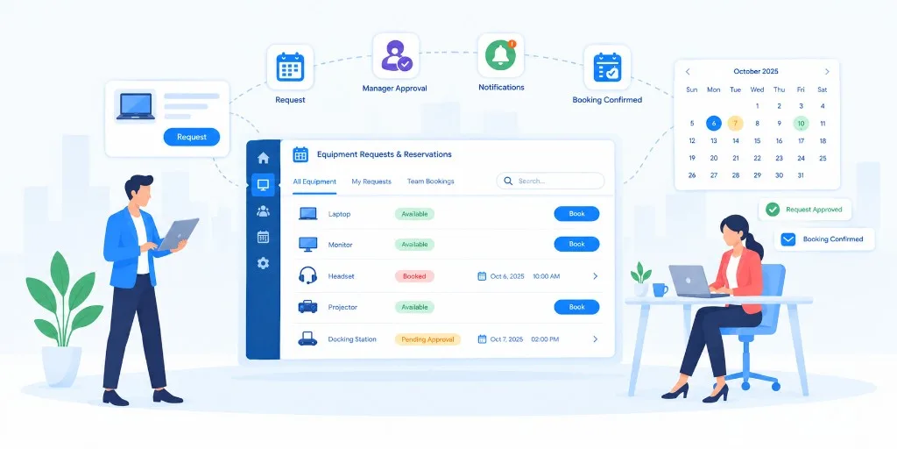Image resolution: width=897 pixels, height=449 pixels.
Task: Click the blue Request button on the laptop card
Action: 192,137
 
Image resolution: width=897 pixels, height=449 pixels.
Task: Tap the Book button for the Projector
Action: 576,307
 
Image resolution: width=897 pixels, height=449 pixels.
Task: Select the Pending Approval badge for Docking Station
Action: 427,339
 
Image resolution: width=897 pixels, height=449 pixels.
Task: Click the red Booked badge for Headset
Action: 414,276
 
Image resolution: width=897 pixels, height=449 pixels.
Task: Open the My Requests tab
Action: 371,182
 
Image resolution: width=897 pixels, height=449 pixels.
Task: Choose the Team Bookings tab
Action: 431,182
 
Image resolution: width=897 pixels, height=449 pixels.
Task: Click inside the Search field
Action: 550,181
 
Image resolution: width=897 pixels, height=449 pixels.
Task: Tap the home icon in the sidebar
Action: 263,158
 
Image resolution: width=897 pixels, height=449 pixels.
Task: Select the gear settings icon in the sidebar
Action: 263,263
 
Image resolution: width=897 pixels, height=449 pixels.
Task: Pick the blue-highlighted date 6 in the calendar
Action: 714,123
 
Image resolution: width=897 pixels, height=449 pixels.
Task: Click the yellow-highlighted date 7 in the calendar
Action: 736,123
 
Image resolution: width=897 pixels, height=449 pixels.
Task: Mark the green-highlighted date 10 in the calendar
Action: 801,123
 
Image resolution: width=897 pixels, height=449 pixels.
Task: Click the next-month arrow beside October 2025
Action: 827,72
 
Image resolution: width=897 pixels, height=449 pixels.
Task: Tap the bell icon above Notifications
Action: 500,56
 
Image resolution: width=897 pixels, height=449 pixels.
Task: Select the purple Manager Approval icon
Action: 396,56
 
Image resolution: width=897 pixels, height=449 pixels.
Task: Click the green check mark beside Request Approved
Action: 773,210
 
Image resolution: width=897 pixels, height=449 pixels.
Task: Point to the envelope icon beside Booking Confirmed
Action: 788,239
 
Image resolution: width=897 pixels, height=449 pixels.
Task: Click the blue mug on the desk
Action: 660,289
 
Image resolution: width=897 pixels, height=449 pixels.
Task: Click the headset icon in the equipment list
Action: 307,276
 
